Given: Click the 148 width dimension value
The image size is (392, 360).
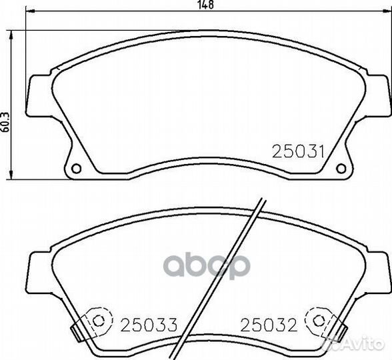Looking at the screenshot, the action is point(206,5).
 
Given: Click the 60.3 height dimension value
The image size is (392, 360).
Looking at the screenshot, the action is point(6,122).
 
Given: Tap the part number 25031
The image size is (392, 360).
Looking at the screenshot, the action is point(298,152).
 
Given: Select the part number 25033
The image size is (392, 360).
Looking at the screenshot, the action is point(149,325).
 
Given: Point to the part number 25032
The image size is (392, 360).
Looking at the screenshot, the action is point(269,325).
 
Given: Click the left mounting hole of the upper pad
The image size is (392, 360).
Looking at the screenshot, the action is point(76,168).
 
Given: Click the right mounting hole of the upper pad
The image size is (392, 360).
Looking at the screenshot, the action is point(341,168).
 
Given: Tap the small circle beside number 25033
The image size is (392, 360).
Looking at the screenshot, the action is point(99,321).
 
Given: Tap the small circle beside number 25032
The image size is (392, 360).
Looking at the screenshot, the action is point(319,321).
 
